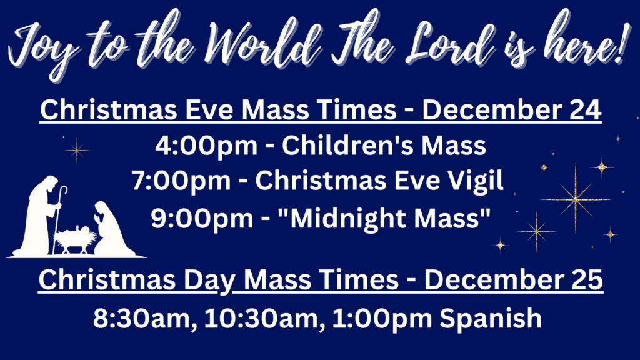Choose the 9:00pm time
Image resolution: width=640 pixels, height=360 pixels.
pyautogui.click(x=202, y=218)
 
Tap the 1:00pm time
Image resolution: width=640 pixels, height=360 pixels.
pyautogui.click(x=382, y=319)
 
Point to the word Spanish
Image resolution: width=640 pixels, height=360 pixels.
pyautogui.click(x=491, y=318)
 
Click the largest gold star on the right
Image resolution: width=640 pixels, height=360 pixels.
pyautogui.click(x=576, y=199)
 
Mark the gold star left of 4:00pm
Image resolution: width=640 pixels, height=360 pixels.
pyautogui.click(x=77, y=150)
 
